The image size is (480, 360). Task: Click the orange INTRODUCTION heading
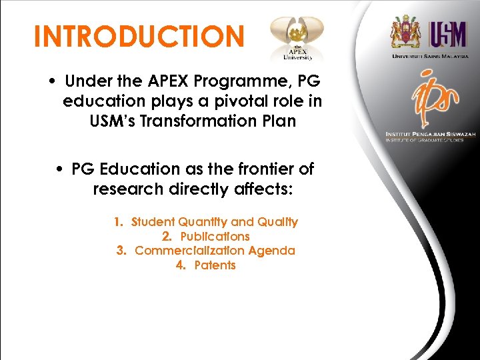tap(139, 37)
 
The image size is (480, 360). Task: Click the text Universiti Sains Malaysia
tap(429, 57)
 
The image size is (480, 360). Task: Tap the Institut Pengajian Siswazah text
tap(430, 135)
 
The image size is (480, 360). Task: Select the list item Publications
tap(215, 237)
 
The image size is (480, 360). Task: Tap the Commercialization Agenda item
tap(215, 251)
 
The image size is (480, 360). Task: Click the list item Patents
tap(215, 265)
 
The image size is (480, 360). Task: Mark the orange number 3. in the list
tap(121, 251)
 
